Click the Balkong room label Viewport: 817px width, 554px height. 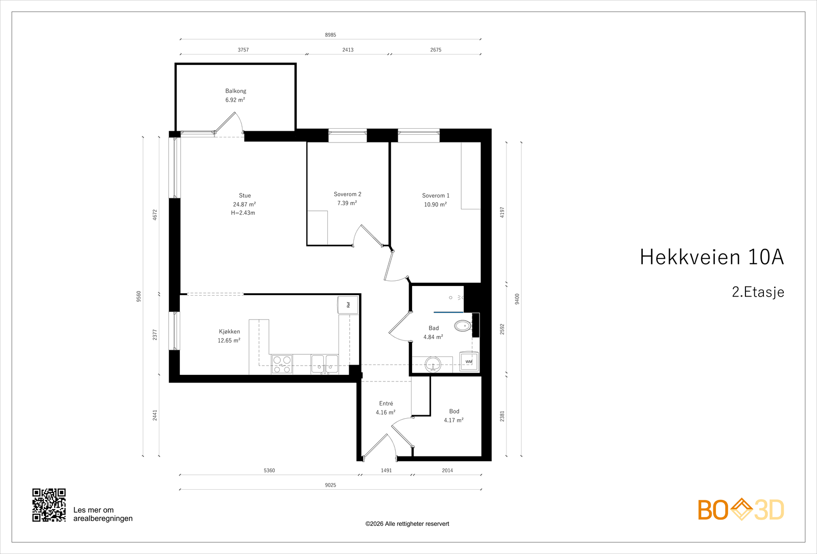pyautogui.click(x=235, y=91)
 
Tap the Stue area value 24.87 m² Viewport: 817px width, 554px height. pyautogui.click(x=245, y=204)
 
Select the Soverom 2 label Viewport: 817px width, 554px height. pyautogui.click(x=347, y=194)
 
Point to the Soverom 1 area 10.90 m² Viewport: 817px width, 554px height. pyautogui.click(x=435, y=205)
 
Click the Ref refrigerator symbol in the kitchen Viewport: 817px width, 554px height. pyautogui.click(x=348, y=305)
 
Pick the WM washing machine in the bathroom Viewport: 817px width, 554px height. pyautogui.click(x=469, y=362)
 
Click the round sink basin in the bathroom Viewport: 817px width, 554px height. pyautogui.click(x=433, y=364)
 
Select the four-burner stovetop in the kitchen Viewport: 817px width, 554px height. pyautogui.click(x=282, y=365)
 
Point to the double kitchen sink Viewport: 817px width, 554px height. pyautogui.click(x=325, y=364)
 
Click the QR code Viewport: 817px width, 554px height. pyautogui.click(x=49, y=505)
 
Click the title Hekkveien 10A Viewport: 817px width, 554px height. pyautogui.click(x=712, y=257)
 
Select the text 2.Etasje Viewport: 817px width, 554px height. pyautogui.click(x=758, y=292)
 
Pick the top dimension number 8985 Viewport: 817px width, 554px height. pyautogui.click(x=330, y=35)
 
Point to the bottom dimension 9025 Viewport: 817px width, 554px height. pyautogui.click(x=330, y=485)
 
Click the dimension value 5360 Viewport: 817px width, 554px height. pyautogui.click(x=269, y=470)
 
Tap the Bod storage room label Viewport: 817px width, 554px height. pyautogui.click(x=454, y=412)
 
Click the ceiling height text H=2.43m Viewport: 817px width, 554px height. pyautogui.click(x=243, y=212)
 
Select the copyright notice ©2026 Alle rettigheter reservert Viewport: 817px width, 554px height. pyautogui.click(x=407, y=524)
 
